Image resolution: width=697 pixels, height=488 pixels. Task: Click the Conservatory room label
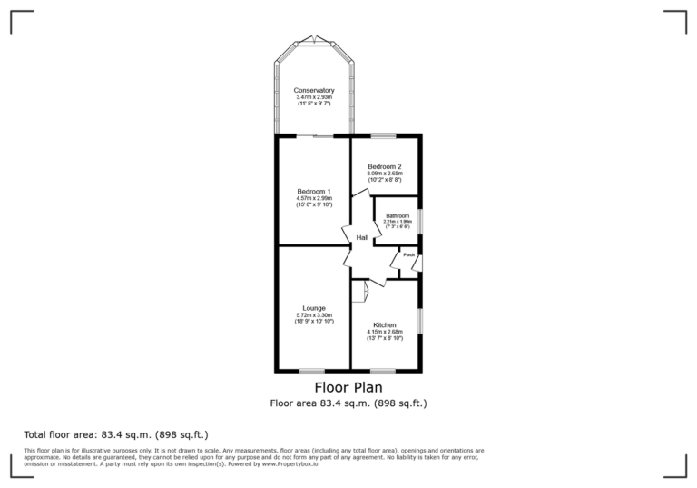tap(313, 91)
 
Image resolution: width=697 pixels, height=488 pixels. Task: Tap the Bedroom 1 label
tap(313, 191)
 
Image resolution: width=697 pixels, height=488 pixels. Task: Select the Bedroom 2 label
tap(384, 167)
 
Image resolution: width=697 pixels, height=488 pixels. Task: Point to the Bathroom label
tap(398, 215)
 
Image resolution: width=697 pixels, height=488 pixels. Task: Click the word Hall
tap(362, 237)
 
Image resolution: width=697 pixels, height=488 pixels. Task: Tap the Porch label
tap(408, 255)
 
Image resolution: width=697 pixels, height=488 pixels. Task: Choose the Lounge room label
tap(314, 308)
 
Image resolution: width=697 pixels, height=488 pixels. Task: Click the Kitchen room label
tap(384, 325)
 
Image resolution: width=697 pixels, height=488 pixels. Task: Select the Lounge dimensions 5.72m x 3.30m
tap(314, 315)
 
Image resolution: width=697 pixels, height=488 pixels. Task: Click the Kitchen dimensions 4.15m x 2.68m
tap(384, 333)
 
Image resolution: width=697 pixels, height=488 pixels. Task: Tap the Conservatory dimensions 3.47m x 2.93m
tap(313, 98)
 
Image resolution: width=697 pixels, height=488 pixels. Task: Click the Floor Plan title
tap(348, 387)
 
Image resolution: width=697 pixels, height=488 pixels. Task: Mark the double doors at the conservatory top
tap(313, 38)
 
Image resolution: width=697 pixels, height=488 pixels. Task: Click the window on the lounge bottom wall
tap(312, 371)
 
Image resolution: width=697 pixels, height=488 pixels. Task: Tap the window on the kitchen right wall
tap(420, 321)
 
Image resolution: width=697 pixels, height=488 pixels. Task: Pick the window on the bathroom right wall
tap(420, 222)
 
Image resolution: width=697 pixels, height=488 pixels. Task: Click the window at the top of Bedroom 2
tap(383, 136)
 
